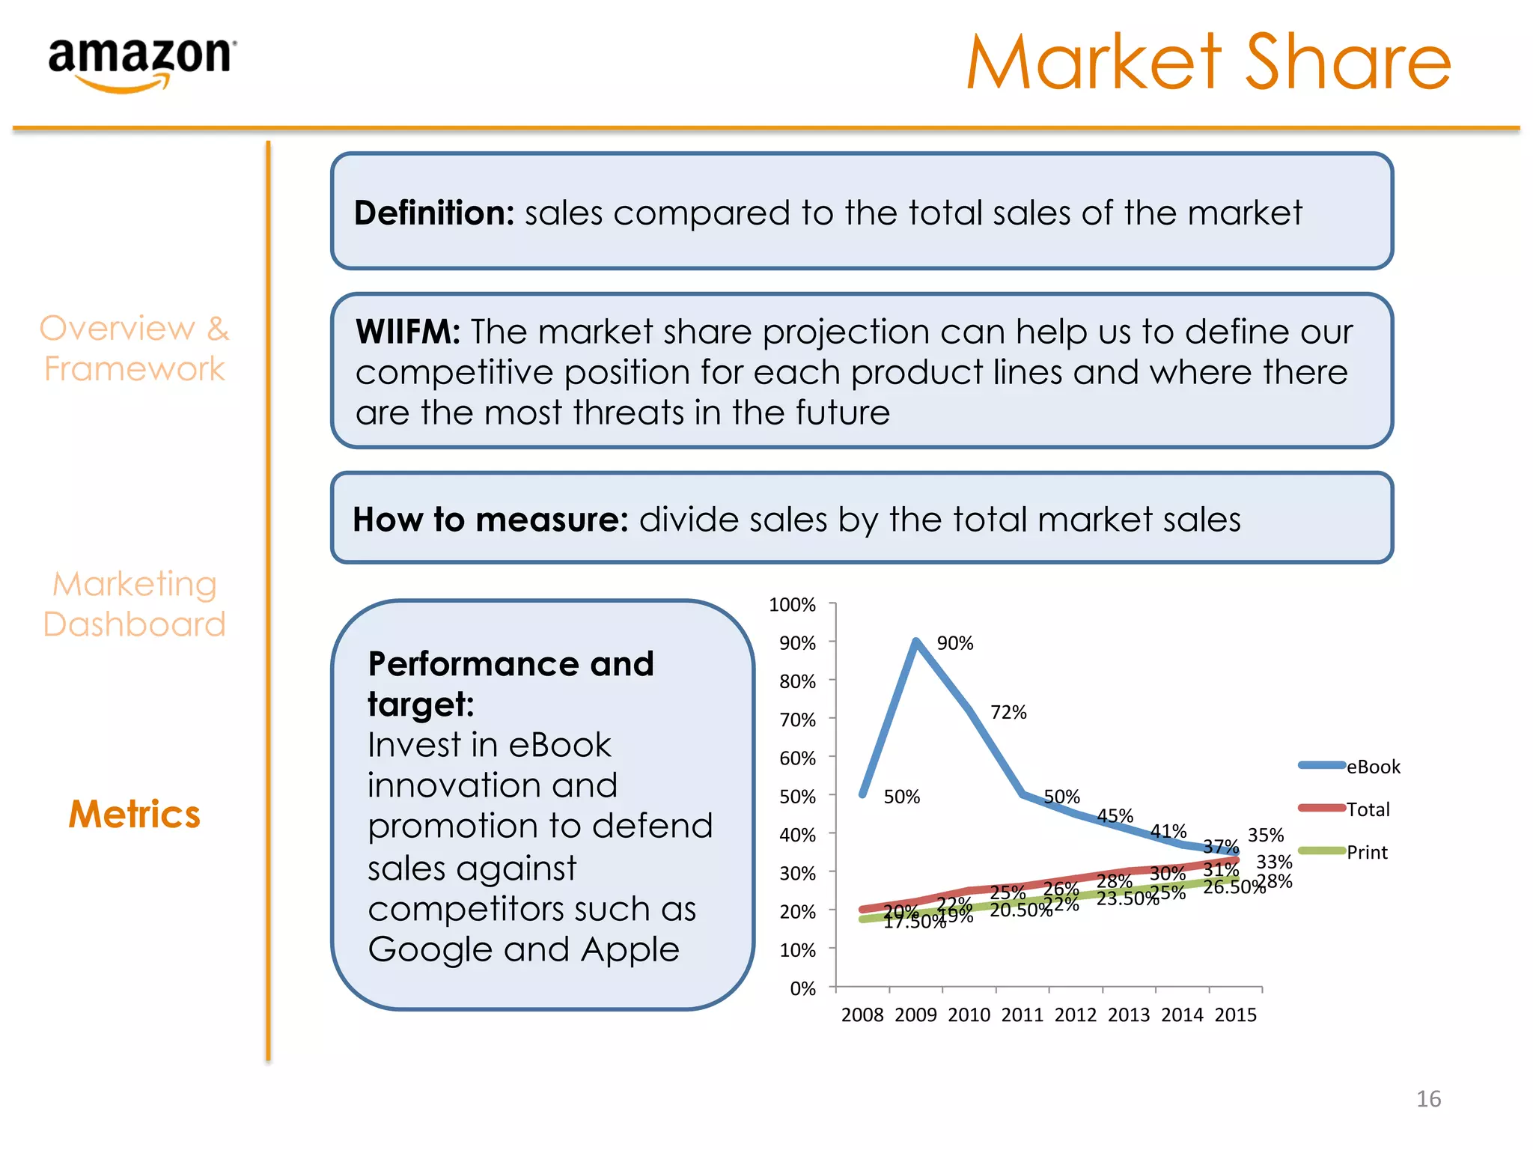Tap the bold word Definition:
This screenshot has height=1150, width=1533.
(434, 213)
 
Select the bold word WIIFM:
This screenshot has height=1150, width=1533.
(408, 332)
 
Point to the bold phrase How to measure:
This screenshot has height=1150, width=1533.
(490, 520)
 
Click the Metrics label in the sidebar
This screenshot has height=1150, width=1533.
(135, 815)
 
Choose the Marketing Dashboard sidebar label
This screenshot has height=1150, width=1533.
(135, 604)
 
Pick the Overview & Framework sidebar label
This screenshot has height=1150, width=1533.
(135, 349)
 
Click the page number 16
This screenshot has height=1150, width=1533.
(1428, 1099)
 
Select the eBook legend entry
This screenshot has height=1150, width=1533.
(1373, 767)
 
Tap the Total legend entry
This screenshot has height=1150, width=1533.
(1368, 809)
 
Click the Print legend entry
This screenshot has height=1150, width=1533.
(1367, 852)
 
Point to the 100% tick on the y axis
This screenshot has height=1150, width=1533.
(792, 605)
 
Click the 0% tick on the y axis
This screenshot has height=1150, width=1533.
(802, 989)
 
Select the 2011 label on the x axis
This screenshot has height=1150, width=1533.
(1022, 1015)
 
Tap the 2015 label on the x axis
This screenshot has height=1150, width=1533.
(1235, 1015)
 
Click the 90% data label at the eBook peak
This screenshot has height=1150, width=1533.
(955, 643)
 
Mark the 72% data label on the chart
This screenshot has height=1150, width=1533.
(1008, 713)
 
